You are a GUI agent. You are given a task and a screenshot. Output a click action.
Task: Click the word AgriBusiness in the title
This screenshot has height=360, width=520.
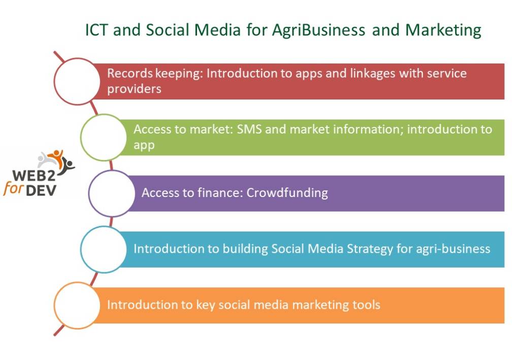point(318,30)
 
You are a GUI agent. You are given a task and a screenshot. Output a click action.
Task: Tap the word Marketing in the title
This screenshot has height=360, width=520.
point(443,30)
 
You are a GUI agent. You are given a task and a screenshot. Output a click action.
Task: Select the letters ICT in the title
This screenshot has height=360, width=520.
point(96,30)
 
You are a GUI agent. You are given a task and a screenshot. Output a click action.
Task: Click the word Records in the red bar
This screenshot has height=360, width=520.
point(130,73)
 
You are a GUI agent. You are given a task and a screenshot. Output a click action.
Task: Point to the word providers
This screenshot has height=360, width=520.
point(134,89)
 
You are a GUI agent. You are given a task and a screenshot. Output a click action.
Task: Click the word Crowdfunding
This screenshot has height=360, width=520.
point(287,192)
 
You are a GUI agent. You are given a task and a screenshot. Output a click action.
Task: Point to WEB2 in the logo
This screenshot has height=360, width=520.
point(34,175)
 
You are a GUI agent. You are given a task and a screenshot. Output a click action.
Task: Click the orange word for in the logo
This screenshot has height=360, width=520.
point(13,189)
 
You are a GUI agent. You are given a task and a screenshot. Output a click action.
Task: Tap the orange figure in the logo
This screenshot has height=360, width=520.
point(56,158)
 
